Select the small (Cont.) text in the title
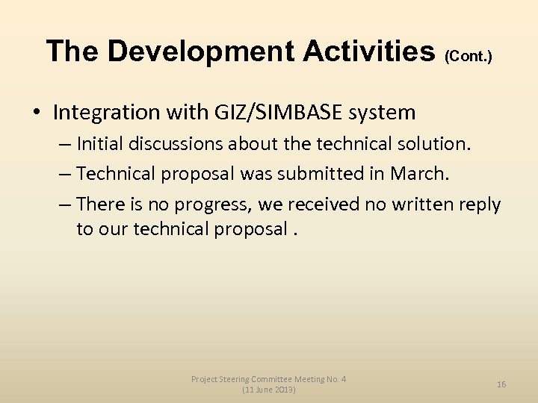469,56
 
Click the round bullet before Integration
37,113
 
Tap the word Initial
101,143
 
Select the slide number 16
501,384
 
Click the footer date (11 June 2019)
268,390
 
